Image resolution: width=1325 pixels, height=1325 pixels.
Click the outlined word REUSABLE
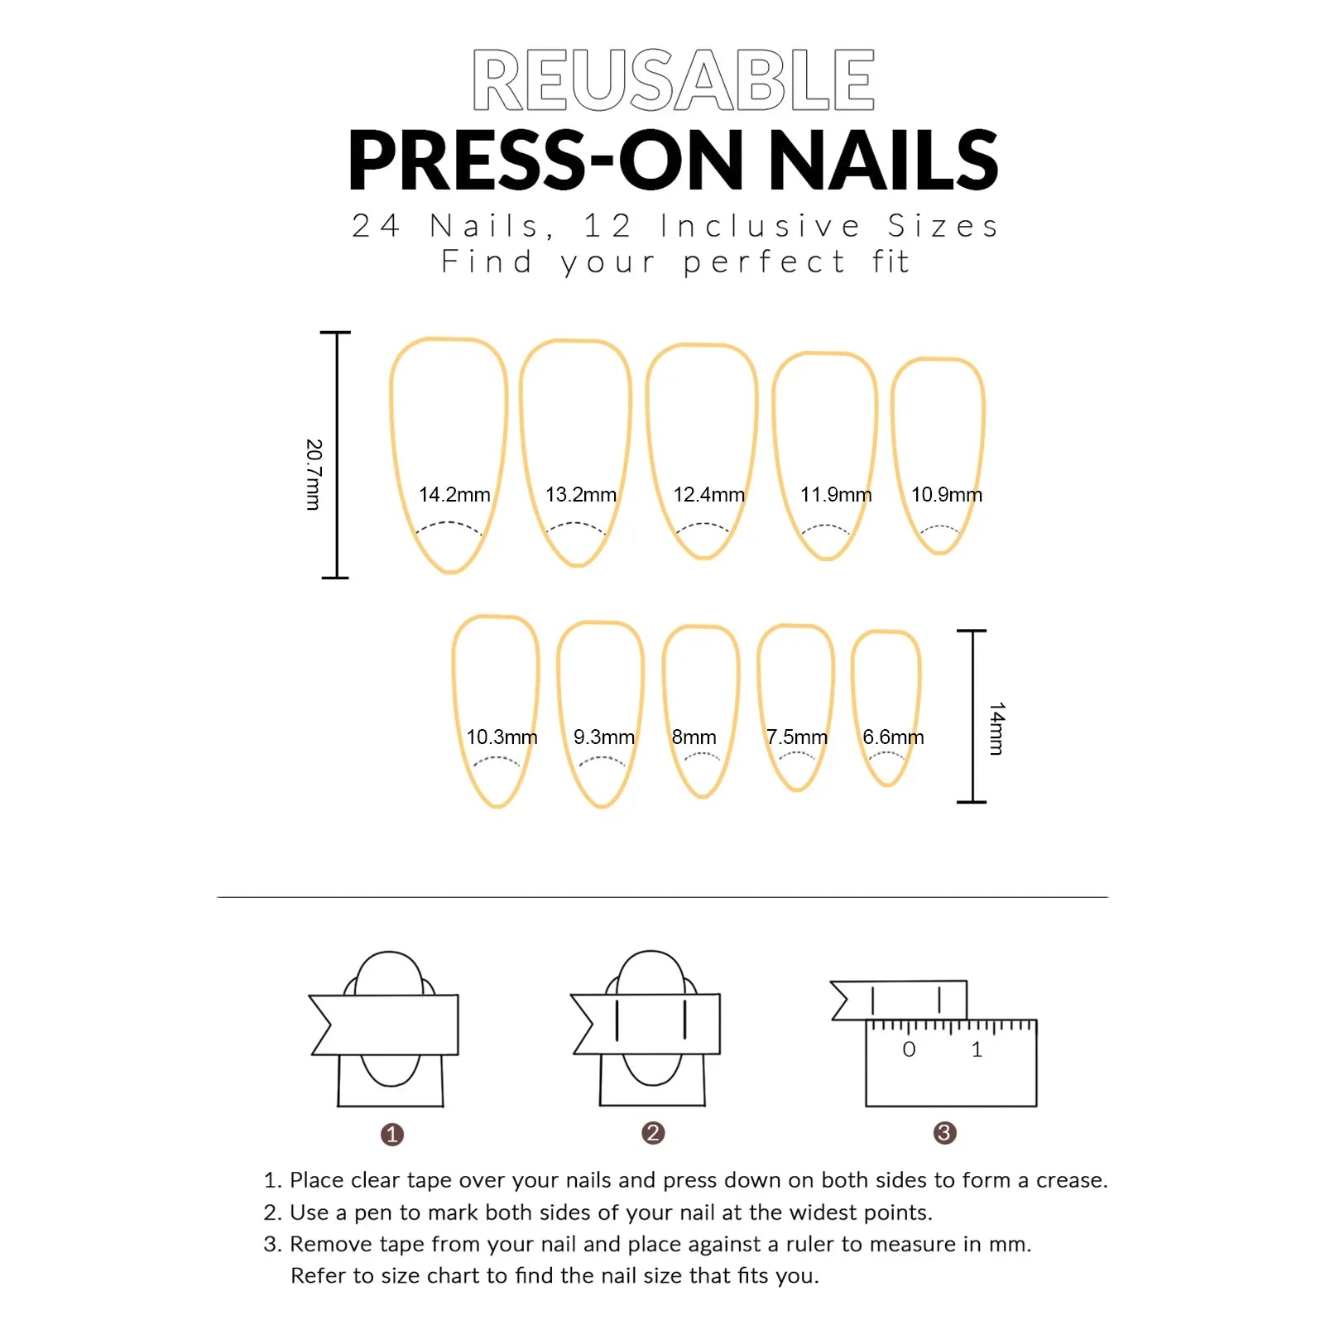coord(673,80)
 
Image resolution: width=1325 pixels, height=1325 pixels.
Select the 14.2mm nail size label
coord(454,495)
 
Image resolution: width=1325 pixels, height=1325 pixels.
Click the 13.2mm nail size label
coord(581,495)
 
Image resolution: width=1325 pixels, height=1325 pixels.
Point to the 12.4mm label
coord(708,495)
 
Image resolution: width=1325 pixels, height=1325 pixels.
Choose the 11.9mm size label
coord(836,495)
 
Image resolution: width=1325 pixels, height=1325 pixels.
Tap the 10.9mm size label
coord(946,495)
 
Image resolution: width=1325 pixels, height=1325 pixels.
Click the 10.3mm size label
coord(502,737)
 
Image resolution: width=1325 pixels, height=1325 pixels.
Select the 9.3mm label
coord(604,737)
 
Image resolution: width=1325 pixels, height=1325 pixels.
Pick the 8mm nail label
coord(694,737)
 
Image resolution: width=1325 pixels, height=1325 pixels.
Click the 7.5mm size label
coord(796,737)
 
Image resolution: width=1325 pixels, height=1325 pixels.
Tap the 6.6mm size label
coord(893,737)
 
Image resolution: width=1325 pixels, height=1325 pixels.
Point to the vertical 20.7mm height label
coord(313,474)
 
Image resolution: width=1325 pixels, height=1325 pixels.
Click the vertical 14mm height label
coord(996,728)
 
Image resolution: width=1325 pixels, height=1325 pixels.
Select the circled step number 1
coord(392,1135)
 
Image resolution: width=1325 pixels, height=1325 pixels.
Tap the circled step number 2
coord(653,1133)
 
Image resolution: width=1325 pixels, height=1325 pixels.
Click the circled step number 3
coord(944,1133)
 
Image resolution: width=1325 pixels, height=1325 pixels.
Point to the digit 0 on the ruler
coord(909,1050)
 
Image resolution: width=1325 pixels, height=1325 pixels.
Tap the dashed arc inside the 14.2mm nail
coord(449,525)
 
